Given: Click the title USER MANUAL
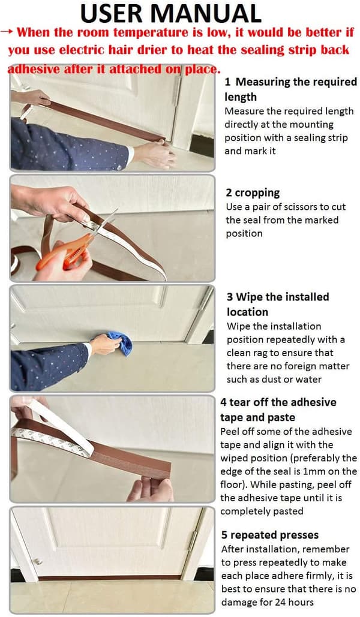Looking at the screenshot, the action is point(170,13).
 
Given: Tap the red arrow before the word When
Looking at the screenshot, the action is point(7,31).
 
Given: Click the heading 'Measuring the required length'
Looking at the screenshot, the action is point(290,89).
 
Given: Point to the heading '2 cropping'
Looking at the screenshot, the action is point(253,193).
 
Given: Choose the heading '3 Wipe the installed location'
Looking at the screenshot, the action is point(278,304).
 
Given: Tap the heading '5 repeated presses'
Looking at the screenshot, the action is point(270,535).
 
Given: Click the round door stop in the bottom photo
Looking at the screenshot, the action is point(38,561).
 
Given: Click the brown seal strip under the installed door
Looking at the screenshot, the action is point(109,577).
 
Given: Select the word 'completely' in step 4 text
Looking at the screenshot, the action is point(241,511).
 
